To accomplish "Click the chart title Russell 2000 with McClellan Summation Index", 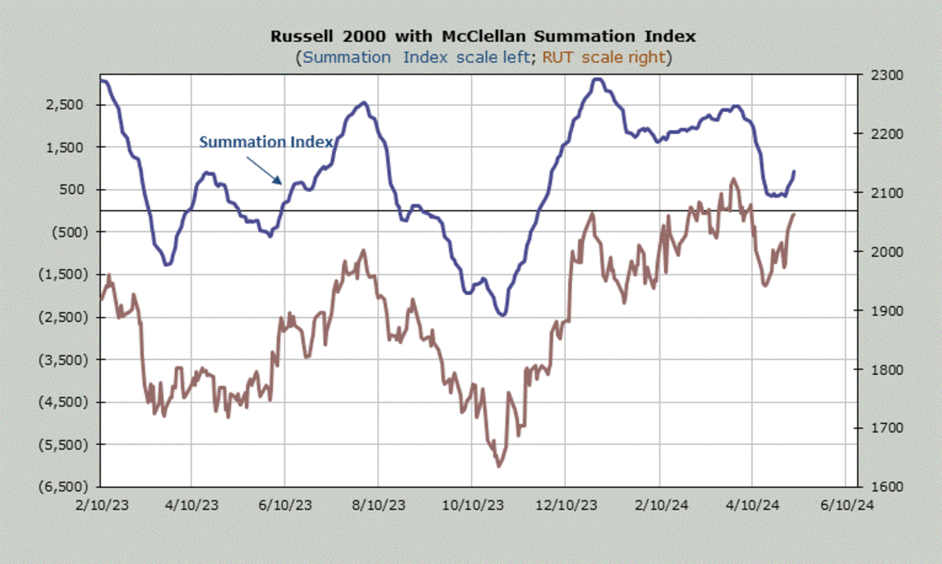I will (483, 36).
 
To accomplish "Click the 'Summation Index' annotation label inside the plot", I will (266, 142).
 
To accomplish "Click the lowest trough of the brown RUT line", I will (498, 466).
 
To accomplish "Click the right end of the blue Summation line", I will (794, 171).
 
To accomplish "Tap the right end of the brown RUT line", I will (794, 213).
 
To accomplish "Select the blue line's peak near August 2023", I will (363, 103).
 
